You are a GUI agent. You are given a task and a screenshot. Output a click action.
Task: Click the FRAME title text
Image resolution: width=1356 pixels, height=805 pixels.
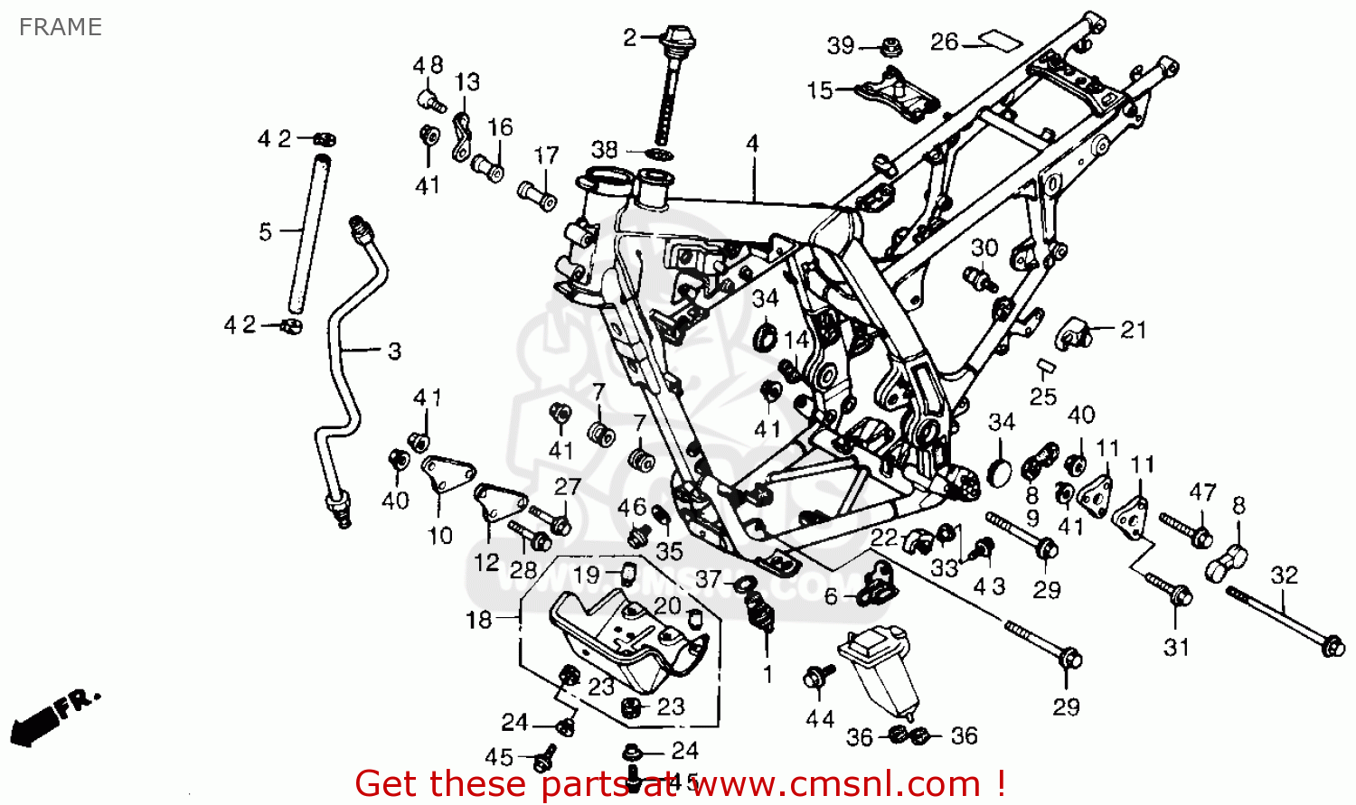(60, 27)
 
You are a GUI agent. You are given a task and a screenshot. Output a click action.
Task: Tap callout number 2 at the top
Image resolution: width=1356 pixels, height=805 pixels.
(630, 38)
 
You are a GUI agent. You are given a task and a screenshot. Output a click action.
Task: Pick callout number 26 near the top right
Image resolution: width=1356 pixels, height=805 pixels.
(944, 42)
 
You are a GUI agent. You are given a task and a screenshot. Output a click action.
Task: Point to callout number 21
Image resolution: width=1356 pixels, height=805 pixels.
(1133, 330)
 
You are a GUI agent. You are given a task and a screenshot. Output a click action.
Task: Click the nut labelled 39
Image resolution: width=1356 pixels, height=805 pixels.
(890, 45)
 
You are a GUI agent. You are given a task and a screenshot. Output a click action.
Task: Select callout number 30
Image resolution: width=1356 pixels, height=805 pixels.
(984, 248)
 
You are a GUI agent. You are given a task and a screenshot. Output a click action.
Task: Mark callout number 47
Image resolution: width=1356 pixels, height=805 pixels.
(1201, 492)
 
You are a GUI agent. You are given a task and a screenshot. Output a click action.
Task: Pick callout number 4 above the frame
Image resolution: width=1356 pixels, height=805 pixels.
(752, 143)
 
